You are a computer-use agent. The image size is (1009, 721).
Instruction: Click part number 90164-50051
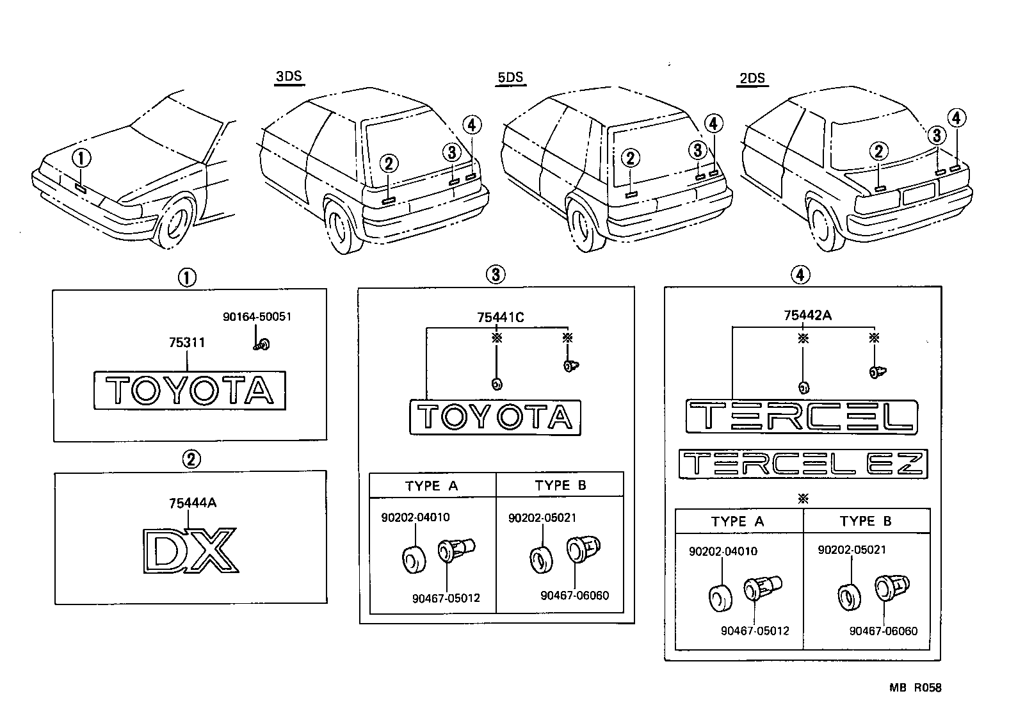coord(257,316)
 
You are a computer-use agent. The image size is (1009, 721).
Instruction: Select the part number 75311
coord(187,343)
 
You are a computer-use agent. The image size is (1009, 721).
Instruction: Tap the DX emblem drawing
coord(190,549)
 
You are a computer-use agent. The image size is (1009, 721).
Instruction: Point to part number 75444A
coord(192,503)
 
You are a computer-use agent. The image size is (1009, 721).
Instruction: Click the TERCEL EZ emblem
coord(803,464)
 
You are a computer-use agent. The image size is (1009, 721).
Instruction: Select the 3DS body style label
coord(288,77)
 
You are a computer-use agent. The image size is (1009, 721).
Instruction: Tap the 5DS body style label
coord(510,77)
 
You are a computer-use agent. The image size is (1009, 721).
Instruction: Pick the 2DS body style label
coord(752,78)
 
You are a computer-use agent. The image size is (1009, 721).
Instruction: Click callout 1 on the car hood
coord(82,158)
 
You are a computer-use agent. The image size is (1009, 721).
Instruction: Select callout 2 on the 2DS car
coord(878,152)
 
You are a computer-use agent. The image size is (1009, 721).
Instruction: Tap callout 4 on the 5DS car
coord(714,124)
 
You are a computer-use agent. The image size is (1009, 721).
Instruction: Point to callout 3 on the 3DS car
coord(451,152)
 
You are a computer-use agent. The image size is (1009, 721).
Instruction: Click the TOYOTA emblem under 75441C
coord(496,417)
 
